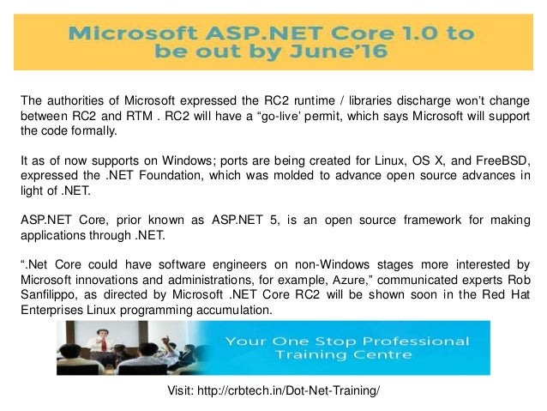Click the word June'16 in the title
(x=338, y=52)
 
